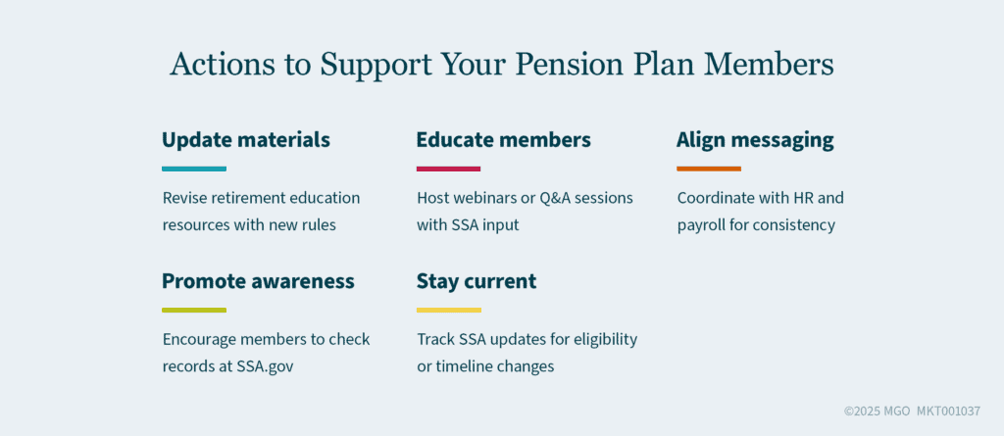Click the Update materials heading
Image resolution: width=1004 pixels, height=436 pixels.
point(245,140)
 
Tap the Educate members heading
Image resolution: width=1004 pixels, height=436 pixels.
point(503,140)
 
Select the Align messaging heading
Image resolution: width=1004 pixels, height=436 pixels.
point(755,140)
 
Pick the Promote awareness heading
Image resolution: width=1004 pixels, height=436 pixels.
point(258,281)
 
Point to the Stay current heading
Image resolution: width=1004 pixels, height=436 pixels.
point(476,281)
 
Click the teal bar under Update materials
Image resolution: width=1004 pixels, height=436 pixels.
point(194,169)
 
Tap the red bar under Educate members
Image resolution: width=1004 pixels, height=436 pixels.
point(448,169)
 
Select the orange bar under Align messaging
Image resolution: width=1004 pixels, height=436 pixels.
point(709,169)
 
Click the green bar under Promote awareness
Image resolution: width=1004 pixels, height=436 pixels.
point(194,310)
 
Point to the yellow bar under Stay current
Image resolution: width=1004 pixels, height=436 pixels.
point(448,310)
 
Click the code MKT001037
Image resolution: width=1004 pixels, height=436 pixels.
point(948,412)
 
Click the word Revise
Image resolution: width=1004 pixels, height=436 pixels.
point(186,198)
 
